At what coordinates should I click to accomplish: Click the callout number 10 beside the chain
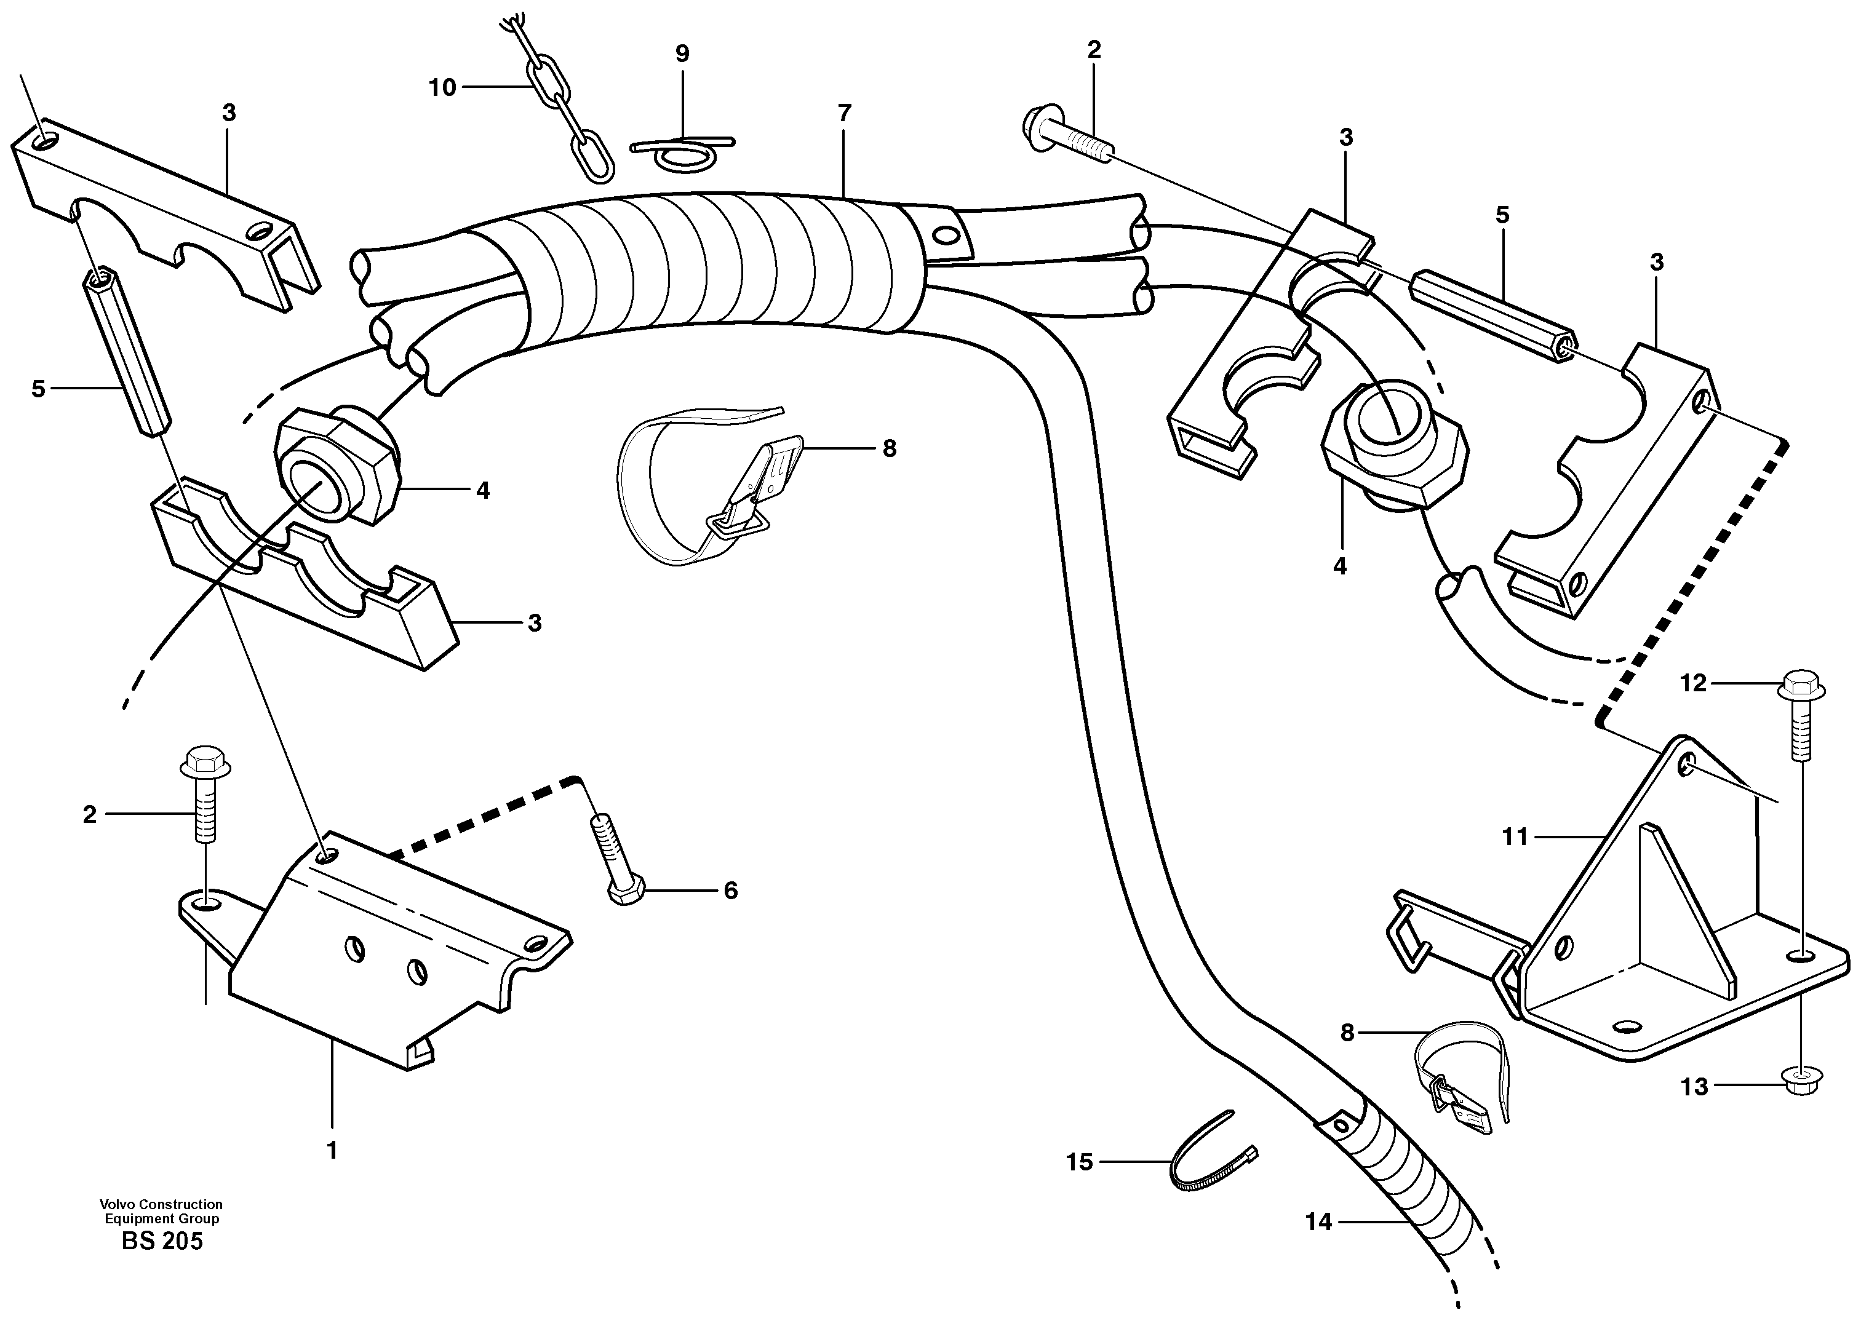pyautogui.click(x=442, y=87)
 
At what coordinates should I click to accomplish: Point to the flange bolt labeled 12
pyautogui.click(x=1801, y=722)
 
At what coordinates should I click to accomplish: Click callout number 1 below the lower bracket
pyautogui.click(x=332, y=1151)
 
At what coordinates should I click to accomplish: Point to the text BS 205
pyautogui.click(x=162, y=1242)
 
